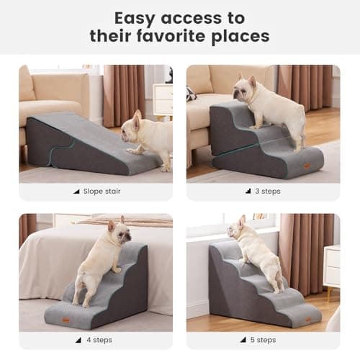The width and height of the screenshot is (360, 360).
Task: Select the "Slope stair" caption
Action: (101, 192)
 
